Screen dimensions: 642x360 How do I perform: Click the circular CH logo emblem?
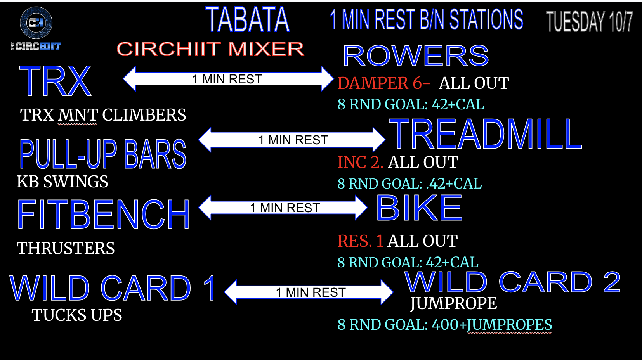(36, 22)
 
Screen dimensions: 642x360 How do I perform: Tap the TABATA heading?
(248, 20)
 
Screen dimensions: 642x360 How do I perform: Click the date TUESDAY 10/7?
(589, 21)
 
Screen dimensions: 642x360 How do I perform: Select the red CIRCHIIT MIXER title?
(210, 49)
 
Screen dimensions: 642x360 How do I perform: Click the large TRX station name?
(55, 81)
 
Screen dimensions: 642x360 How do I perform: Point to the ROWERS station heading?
(416, 55)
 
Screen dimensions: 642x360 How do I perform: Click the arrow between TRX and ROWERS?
(228, 79)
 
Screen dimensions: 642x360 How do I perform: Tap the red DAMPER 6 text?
(383, 83)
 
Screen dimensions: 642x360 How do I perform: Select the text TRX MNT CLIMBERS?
(103, 115)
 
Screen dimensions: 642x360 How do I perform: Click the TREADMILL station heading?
(485, 134)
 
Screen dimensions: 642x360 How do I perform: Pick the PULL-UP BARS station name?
(103, 154)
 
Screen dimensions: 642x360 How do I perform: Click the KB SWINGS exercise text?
(62, 182)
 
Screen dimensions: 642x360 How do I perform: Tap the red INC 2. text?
(360, 162)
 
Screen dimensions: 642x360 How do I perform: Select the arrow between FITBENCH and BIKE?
(283, 208)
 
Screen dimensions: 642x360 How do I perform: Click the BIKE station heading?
(419, 208)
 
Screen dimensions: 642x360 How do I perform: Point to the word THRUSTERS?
(66, 248)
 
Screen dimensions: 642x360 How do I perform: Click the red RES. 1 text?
(360, 241)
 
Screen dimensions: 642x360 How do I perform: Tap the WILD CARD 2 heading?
(512, 282)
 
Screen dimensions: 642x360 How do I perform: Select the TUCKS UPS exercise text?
(77, 315)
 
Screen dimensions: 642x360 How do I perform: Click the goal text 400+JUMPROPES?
(492, 324)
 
